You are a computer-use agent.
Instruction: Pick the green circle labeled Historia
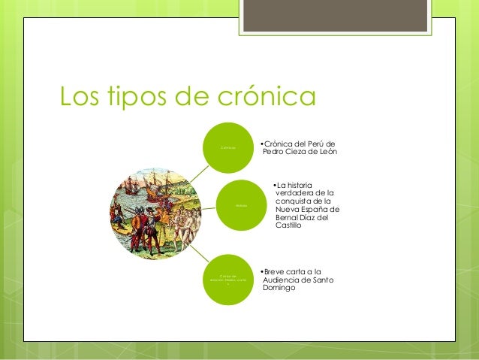point(239,205)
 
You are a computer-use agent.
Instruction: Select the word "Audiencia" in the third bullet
point(282,280)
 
